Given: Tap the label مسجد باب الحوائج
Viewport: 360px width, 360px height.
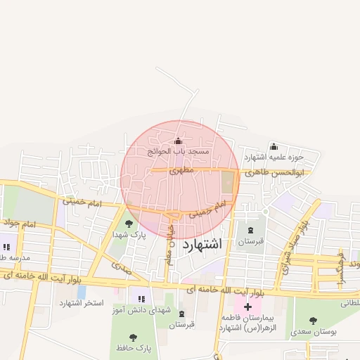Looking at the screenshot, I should tap(179, 151).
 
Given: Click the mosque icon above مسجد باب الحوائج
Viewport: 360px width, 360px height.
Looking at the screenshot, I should tap(178, 141).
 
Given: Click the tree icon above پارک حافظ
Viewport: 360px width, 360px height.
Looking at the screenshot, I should tap(134, 338).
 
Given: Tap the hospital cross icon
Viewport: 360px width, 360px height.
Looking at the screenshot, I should tap(247, 307).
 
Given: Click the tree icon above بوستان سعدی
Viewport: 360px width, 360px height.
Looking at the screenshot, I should tap(313, 320).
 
